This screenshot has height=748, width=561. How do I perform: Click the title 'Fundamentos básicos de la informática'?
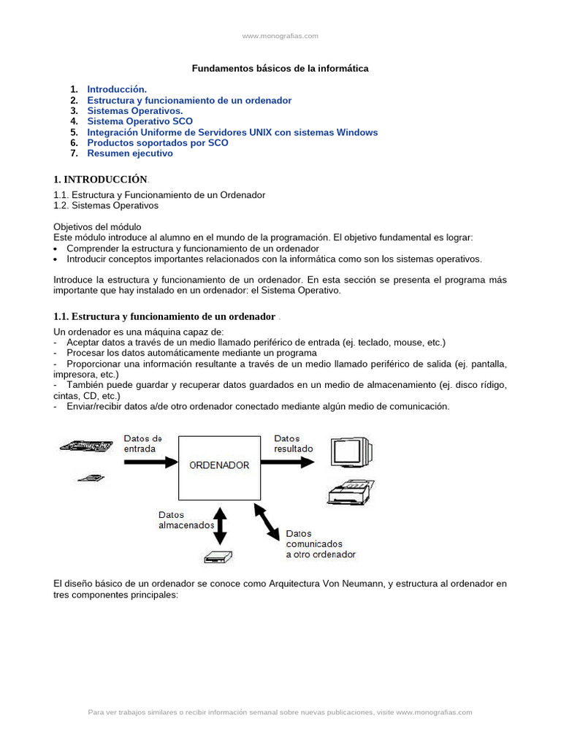tap(280, 68)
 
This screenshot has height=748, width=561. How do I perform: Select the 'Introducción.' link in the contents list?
tap(117, 89)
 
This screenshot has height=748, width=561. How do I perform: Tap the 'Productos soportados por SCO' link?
tap(158, 142)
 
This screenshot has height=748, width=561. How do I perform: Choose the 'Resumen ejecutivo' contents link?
tap(130, 153)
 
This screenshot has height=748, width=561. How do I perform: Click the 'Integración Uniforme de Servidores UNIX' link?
tap(232, 132)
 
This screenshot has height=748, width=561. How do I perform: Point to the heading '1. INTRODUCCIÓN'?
tap(101, 180)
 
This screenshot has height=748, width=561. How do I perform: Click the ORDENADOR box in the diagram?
tap(220, 465)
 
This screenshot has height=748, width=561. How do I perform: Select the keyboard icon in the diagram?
tap(86, 445)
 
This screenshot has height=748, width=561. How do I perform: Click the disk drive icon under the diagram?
tap(218, 557)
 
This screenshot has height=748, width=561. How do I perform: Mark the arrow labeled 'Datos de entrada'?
tap(150, 462)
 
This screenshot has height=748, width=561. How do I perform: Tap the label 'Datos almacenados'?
tap(186, 519)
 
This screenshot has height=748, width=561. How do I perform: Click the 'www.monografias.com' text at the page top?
tap(280, 36)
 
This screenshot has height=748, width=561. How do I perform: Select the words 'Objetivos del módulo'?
tap(97, 227)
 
